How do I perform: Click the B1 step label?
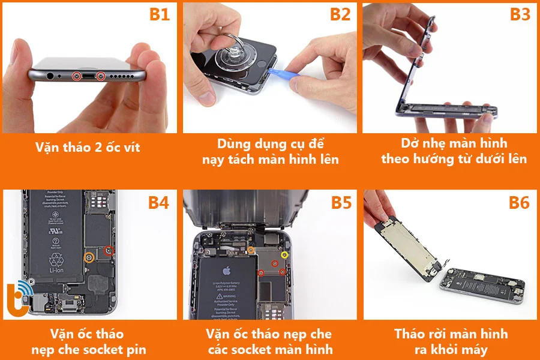tap(159, 14)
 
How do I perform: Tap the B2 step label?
tap(340, 14)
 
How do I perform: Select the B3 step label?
tap(520, 14)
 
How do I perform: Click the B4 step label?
tap(158, 203)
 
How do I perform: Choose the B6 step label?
tap(519, 203)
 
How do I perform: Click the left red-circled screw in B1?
tap(76, 76)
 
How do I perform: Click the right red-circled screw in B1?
tap(101, 76)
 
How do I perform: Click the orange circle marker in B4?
tap(89, 258)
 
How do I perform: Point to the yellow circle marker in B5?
tap(285, 255)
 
